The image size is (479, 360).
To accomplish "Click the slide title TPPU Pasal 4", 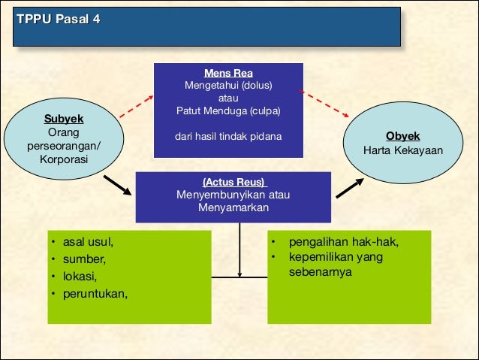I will click(58, 19).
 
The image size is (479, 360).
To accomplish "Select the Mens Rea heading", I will click(227, 73).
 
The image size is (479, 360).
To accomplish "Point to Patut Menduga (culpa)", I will click(227, 110).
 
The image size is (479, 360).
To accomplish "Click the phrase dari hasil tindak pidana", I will click(227, 136).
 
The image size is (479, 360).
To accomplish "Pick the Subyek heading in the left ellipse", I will click(64, 119).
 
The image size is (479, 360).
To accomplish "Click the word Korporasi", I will click(64, 159).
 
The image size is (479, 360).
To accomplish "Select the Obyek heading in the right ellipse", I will click(403, 136).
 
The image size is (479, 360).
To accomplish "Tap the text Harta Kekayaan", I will click(403, 150).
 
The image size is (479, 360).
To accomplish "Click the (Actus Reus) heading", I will click(234, 182).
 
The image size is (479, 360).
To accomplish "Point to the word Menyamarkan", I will click(233, 207).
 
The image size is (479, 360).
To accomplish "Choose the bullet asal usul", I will click(88, 242).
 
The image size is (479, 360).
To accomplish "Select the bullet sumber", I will click(84, 259).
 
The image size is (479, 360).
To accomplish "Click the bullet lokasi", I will click(80, 276).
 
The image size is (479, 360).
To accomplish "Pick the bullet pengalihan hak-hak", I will click(343, 242).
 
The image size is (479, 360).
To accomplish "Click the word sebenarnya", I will click(320, 272).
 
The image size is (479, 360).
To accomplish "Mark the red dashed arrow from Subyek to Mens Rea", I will click(135, 108).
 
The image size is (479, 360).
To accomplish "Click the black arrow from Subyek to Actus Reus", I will click(117, 186).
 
